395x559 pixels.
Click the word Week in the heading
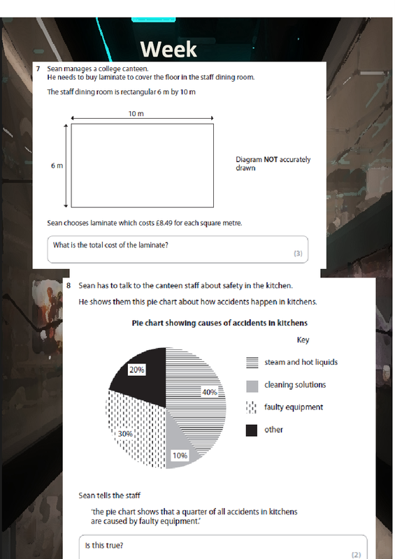point(168,49)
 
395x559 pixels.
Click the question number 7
point(38,68)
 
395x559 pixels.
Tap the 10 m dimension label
point(136,114)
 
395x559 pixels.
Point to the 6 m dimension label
point(57,166)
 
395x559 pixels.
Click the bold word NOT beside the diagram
point(271,159)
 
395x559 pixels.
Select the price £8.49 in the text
point(164,223)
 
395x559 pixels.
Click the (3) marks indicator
point(298,254)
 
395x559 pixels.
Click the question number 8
point(69,286)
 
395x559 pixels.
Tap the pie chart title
point(220,323)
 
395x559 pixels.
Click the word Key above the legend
point(303,340)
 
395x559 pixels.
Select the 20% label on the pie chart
point(136,370)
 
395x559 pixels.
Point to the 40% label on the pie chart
point(210,392)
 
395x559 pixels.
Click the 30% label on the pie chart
point(125,434)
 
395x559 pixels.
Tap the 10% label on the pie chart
point(180,456)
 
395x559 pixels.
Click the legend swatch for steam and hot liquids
point(252,363)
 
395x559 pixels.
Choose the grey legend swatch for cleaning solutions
point(252,386)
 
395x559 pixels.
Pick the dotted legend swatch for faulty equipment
point(252,407)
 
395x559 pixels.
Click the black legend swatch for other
point(252,430)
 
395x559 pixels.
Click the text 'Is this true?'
point(104,546)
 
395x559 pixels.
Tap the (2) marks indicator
point(356,555)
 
